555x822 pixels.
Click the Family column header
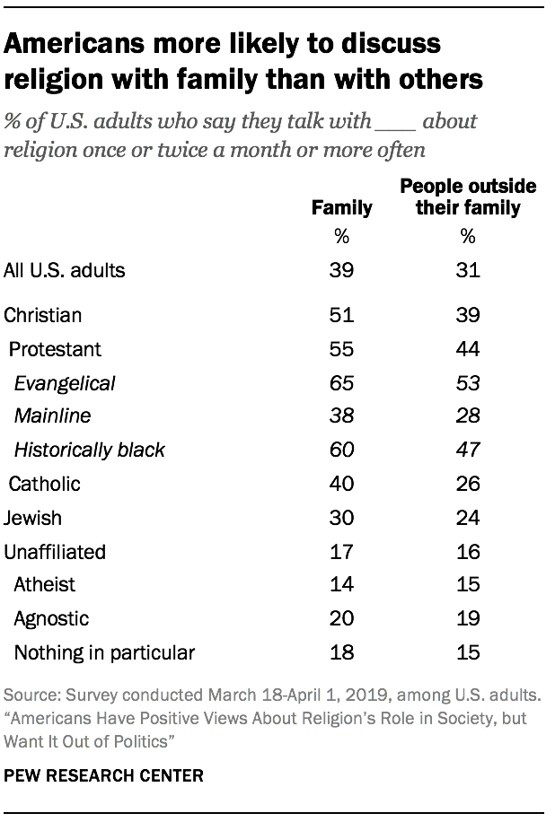tap(341, 207)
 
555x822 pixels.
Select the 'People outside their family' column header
tap(467, 197)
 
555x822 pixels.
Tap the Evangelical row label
tap(65, 383)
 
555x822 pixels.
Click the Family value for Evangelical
tap(341, 383)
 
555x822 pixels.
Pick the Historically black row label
tap(90, 450)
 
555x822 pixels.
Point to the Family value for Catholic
tap(341, 484)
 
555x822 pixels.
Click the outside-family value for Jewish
tap(467, 518)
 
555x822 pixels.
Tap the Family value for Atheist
tap(341, 584)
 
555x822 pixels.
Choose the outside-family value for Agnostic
tap(467, 618)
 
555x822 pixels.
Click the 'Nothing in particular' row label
tap(104, 652)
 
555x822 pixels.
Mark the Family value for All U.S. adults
tap(341, 270)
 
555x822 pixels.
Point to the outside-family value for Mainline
tap(467, 416)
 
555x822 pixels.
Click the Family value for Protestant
tap(341, 349)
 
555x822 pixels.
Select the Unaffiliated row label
tap(55, 551)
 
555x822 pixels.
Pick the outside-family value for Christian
tap(467, 315)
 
